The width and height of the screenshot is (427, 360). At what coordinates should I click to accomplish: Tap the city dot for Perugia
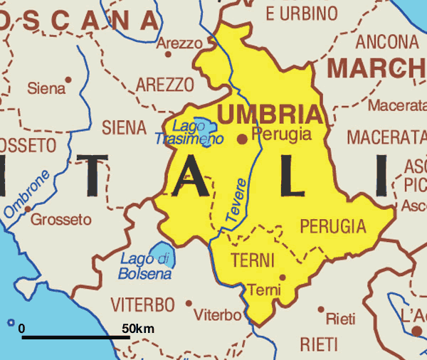[243, 139]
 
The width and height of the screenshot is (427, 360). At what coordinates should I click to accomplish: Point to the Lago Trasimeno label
[191, 132]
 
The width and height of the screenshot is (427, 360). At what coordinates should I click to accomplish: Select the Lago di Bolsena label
[146, 265]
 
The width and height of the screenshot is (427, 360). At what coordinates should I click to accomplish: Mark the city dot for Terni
[283, 277]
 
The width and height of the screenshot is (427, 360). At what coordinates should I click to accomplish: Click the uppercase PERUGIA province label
[332, 227]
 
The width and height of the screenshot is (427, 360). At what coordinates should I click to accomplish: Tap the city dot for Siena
[68, 79]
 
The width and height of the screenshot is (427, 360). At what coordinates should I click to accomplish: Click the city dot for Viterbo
[189, 303]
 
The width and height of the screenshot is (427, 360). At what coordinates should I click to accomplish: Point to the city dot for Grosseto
[27, 208]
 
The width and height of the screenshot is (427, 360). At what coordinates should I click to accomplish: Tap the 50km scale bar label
[137, 329]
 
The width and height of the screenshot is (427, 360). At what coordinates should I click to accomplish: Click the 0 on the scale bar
[21, 329]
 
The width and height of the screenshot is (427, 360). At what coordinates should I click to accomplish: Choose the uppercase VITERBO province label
[142, 305]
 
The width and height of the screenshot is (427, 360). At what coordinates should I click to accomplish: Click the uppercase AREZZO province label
[164, 85]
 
